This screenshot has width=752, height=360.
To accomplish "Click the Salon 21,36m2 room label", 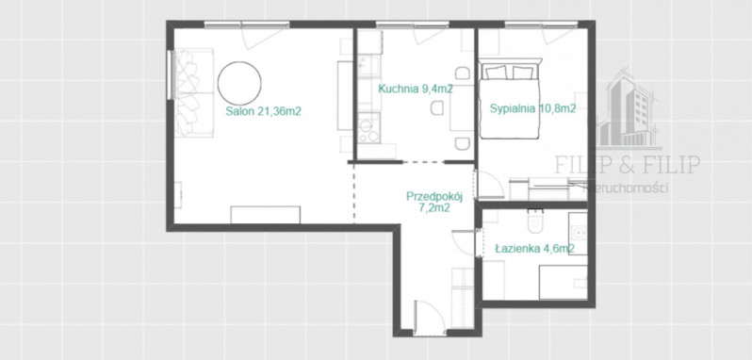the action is point(263,111).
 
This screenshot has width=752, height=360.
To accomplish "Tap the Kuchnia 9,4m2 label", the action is point(416,89).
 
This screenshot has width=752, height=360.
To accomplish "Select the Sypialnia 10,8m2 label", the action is point(532,108).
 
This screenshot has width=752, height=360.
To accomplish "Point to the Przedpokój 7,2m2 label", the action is point(434,202).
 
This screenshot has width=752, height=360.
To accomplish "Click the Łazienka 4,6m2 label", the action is point(534,249).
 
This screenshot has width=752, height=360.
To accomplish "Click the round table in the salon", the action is point(239,82).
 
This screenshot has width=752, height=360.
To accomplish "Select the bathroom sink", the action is point(578,234).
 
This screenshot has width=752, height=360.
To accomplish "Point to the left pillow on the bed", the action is point(497,73).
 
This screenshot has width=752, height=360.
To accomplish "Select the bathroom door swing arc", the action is point(464,243).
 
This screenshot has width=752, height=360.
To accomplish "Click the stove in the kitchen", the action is point(368,127).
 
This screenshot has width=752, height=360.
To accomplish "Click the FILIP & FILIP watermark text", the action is point(628,164).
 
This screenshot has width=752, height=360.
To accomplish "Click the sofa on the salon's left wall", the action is point(194,92).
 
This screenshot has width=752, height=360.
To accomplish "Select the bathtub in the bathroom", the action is point(563,282).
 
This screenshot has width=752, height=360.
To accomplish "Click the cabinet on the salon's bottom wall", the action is point(265,215).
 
